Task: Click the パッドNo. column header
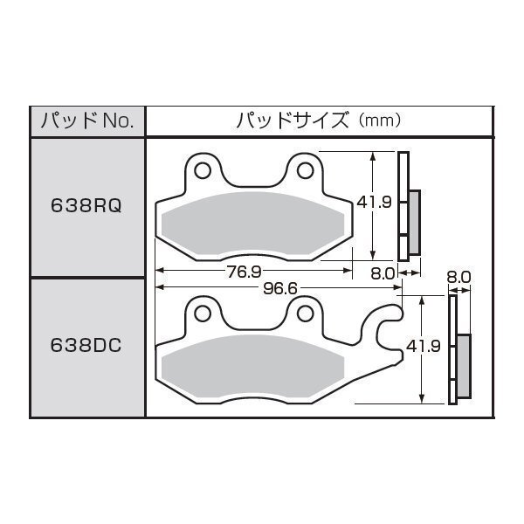pyautogui.click(x=87, y=121)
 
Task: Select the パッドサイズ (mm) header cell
pyautogui.click(x=320, y=121)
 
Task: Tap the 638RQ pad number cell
pyautogui.click(x=86, y=205)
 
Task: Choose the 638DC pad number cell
pyautogui.click(x=86, y=345)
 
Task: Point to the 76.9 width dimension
pyautogui.click(x=245, y=272)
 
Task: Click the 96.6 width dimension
pyautogui.click(x=280, y=288)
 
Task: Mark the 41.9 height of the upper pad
pyautogui.click(x=375, y=202)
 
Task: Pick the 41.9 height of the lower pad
pyautogui.click(x=423, y=346)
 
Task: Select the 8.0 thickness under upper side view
pyautogui.click(x=383, y=273)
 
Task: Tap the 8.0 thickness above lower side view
pyautogui.click(x=458, y=278)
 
